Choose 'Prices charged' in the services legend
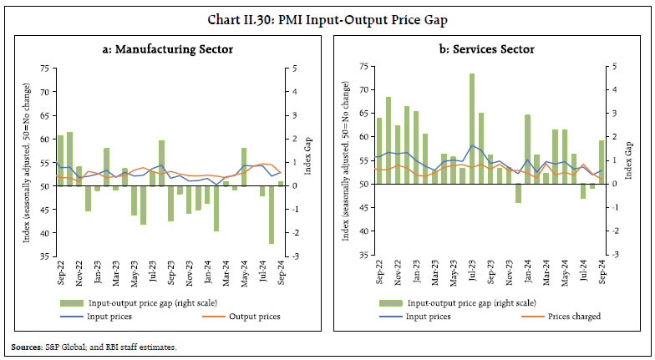pos(576,317)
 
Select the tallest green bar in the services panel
pos(472,129)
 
